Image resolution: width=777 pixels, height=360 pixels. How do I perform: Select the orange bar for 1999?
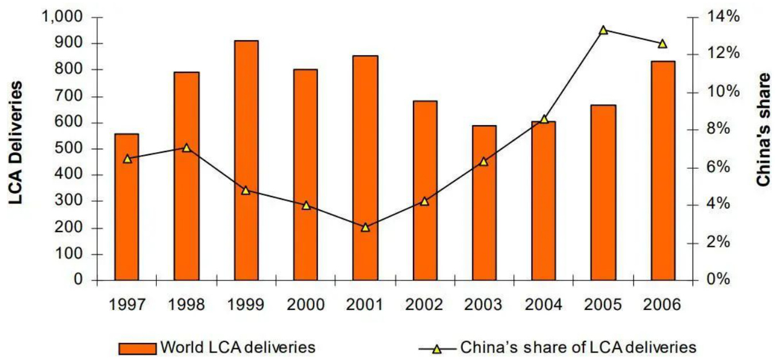pos(246,161)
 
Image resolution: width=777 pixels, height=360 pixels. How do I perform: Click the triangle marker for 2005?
pos(603,30)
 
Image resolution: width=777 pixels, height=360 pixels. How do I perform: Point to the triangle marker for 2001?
pos(365,227)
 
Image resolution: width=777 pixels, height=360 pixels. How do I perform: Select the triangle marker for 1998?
pos(187,148)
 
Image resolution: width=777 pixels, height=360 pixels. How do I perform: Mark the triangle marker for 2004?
pos(544,119)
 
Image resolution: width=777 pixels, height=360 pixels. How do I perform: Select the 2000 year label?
pos(306,304)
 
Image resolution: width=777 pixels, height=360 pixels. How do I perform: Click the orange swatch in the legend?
pos(137,348)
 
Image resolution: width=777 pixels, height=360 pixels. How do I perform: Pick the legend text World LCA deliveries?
pos(238,347)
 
